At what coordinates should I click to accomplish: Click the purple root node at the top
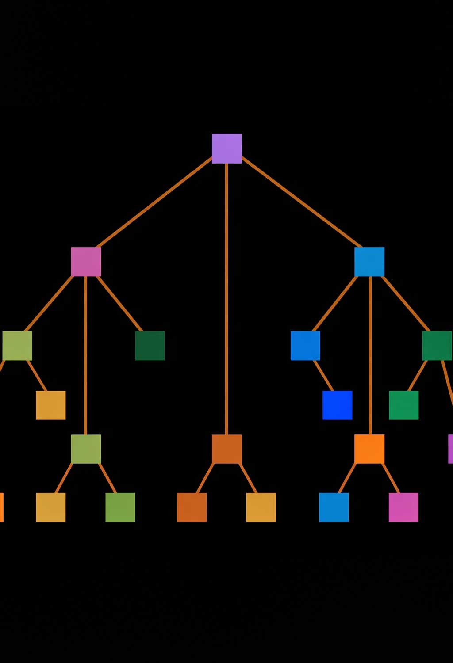click(x=226, y=149)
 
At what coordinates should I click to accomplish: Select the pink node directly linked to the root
click(x=86, y=262)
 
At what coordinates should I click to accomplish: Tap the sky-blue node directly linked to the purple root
click(x=369, y=262)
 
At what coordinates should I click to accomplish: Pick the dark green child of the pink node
click(x=150, y=346)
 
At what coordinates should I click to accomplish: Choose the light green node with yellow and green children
click(x=86, y=449)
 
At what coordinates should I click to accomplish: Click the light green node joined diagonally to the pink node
click(x=17, y=346)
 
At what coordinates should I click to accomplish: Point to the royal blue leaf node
click(x=337, y=405)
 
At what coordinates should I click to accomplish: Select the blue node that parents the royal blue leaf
click(x=305, y=346)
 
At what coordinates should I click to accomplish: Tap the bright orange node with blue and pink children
click(x=369, y=449)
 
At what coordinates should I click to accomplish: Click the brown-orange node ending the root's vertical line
click(x=226, y=449)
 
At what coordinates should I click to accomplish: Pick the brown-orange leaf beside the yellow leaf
click(x=192, y=507)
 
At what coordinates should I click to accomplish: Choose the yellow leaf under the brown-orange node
click(x=261, y=507)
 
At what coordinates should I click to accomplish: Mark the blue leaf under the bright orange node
click(x=334, y=507)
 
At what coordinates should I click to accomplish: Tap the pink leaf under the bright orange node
click(x=403, y=507)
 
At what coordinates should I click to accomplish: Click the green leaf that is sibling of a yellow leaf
click(x=120, y=507)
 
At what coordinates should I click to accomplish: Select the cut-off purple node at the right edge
click(x=450, y=449)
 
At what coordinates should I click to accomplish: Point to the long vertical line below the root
click(x=226, y=301)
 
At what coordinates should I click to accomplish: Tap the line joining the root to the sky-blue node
click(x=301, y=202)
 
